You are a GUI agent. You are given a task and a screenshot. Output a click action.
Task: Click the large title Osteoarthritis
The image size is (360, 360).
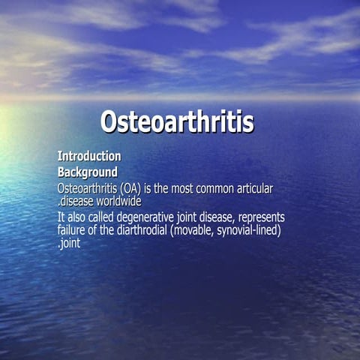(x=177, y=121)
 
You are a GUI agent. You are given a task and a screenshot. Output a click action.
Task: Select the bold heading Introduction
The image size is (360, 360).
(x=89, y=156)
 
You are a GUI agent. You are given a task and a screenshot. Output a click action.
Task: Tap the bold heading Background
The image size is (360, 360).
(x=87, y=172)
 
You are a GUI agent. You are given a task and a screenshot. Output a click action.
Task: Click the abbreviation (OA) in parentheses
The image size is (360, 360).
(x=136, y=187)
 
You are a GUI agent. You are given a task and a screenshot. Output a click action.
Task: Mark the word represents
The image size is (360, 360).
(x=261, y=217)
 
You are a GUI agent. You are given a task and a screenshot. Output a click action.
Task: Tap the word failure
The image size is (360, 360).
(x=73, y=229)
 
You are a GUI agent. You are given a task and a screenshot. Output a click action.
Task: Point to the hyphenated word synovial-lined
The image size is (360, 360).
(x=250, y=229)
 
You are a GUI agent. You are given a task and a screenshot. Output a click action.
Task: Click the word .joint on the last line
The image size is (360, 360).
(x=69, y=243)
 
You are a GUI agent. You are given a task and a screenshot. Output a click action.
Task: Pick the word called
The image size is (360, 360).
(x=102, y=217)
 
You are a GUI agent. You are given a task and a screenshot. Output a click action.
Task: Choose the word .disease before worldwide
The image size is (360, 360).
(x=76, y=201)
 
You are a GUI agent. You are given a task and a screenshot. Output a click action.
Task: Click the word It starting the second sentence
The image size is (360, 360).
(x=61, y=217)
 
